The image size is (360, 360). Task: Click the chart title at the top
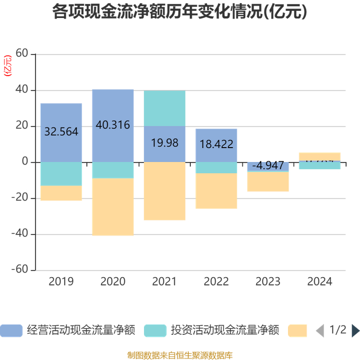point(179,12)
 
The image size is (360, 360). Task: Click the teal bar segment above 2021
point(165,108)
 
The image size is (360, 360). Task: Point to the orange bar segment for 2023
point(268,182)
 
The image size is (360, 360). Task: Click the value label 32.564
point(61,132)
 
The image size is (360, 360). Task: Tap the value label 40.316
point(113,125)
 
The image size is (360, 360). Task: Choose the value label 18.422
point(217,144)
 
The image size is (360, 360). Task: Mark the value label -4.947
point(268,166)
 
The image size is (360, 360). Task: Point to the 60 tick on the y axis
point(22,54)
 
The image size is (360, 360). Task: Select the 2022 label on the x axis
point(217,282)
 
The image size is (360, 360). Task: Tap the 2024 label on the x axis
point(320,282)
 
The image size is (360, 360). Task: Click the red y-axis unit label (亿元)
point(7,65)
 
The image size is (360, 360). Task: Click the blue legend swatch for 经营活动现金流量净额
point(11,330)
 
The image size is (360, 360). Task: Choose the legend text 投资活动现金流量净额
point(225,330)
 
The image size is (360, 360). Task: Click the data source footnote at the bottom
point(179,355)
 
